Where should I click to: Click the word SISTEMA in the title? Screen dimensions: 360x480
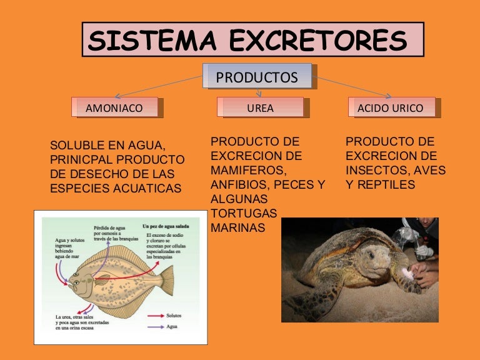point(154,41)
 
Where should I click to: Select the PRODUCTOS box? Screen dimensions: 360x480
point(256,77)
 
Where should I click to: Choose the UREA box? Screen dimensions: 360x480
point(260,108)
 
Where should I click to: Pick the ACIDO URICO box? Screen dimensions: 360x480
point(390,108)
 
